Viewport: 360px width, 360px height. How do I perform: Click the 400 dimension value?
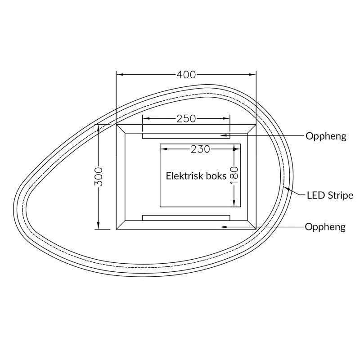186,75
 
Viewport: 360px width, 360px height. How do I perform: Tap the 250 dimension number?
186,119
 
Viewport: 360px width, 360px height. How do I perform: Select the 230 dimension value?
200,149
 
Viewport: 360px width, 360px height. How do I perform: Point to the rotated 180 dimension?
234,175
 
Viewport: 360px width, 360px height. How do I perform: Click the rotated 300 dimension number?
99,177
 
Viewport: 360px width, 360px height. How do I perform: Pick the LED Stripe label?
330,195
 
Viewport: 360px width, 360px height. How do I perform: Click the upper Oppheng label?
326,136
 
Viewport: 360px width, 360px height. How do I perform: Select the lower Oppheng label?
325,227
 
